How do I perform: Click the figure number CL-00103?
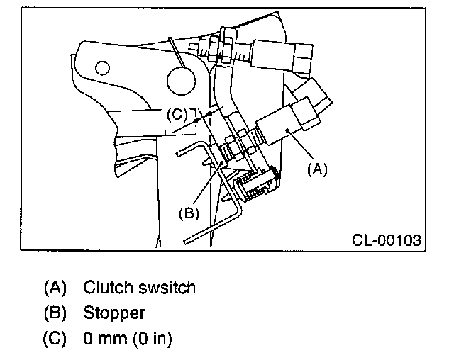coord(386,240)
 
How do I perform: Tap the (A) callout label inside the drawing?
coord(317,169)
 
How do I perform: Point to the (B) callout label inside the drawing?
coord(189,213)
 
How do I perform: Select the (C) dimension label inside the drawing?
coord(177,115)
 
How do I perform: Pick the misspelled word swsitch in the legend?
coord(167,288)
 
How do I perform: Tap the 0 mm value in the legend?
coord(105,338)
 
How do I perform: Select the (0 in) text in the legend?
coord(153,338)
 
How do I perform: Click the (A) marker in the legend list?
coord(55,287)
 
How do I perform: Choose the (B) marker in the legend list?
coord(55,313)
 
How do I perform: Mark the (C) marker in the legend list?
coord(55,338)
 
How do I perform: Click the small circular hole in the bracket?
coord(102,68)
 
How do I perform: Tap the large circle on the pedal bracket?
coord(182,81)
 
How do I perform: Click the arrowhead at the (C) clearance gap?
coord(196,119)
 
